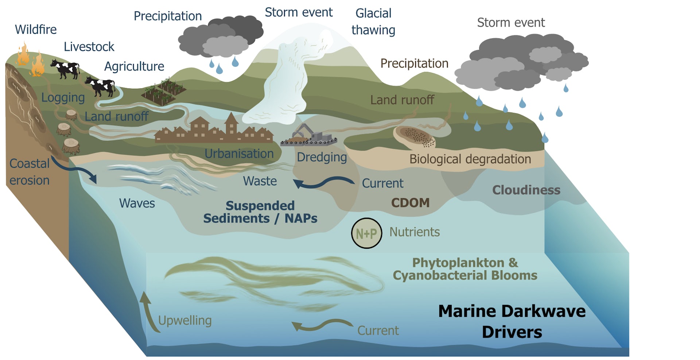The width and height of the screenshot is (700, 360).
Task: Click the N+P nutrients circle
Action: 366,233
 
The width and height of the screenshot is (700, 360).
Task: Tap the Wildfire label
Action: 36,30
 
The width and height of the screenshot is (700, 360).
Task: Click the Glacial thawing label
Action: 373,22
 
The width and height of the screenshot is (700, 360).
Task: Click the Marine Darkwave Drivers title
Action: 512,321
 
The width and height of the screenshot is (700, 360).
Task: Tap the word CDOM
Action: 410,203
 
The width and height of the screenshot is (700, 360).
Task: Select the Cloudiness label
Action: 526,190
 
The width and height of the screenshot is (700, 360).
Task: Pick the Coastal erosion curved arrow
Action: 75,170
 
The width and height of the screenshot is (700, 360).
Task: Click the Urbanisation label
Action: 239,154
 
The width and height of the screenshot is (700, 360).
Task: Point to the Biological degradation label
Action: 470,159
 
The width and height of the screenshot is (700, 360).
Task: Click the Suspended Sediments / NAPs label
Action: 260,212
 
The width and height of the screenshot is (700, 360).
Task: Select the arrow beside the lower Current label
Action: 321,325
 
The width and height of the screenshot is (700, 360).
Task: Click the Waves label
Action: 137,203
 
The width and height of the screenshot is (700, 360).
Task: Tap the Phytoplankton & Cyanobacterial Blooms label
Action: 465,269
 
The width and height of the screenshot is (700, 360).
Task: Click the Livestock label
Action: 89,47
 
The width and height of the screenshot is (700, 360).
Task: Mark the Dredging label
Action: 322,157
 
